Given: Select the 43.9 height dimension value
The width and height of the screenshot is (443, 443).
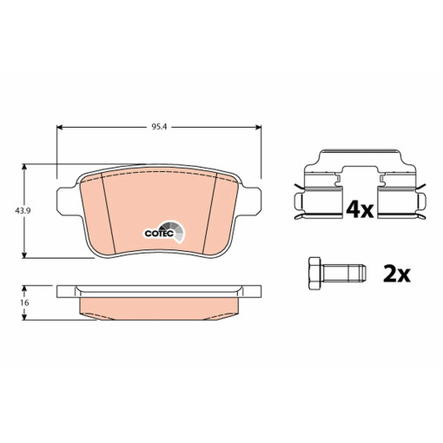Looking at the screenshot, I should coord(13,211).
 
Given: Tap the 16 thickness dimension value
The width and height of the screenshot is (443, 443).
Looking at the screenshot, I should coord(13,302).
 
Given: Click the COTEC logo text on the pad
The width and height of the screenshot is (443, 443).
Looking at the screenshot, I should coord(157,233).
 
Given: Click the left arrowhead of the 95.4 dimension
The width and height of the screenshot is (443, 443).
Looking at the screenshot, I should coord(61,128).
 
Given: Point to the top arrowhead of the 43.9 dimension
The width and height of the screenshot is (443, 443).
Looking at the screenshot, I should coord(28,169).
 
